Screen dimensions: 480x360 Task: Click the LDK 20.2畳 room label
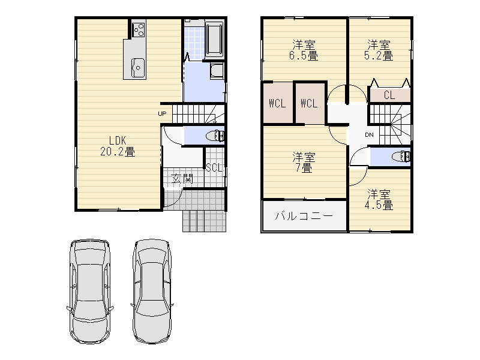[x=118, y=146]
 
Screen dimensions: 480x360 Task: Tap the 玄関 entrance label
[x=182, y=178]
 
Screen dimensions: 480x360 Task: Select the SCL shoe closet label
[x=214, y=167]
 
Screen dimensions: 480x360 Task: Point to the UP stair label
[x=162, y=114]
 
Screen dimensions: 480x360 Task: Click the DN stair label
[x=369, y=134]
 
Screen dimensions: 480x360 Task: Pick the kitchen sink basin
[x=138, y=68]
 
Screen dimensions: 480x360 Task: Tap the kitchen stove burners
[x=139, y=29]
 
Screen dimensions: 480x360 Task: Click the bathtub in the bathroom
[x=215, y=40]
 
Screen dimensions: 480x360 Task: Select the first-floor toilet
[x=215, y=136]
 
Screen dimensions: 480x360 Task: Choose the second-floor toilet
[x=401, y=157]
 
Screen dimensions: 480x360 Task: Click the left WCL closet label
[x=277, y=103]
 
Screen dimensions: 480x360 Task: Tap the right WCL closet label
[x=309, y=103]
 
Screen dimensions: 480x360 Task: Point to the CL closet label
[x=389, y=95]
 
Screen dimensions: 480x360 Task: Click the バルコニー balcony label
[x=304, y=216]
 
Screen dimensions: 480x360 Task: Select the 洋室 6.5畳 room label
[x=304, y=50]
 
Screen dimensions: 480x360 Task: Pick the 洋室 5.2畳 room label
[x=379, y=50]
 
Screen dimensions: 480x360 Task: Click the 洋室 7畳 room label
[x=304, y=163]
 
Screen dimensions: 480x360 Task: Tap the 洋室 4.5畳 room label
[x=379, y=200]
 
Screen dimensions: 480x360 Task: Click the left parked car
[x=90, y=291]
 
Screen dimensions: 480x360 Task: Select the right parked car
[x=152, y=291]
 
